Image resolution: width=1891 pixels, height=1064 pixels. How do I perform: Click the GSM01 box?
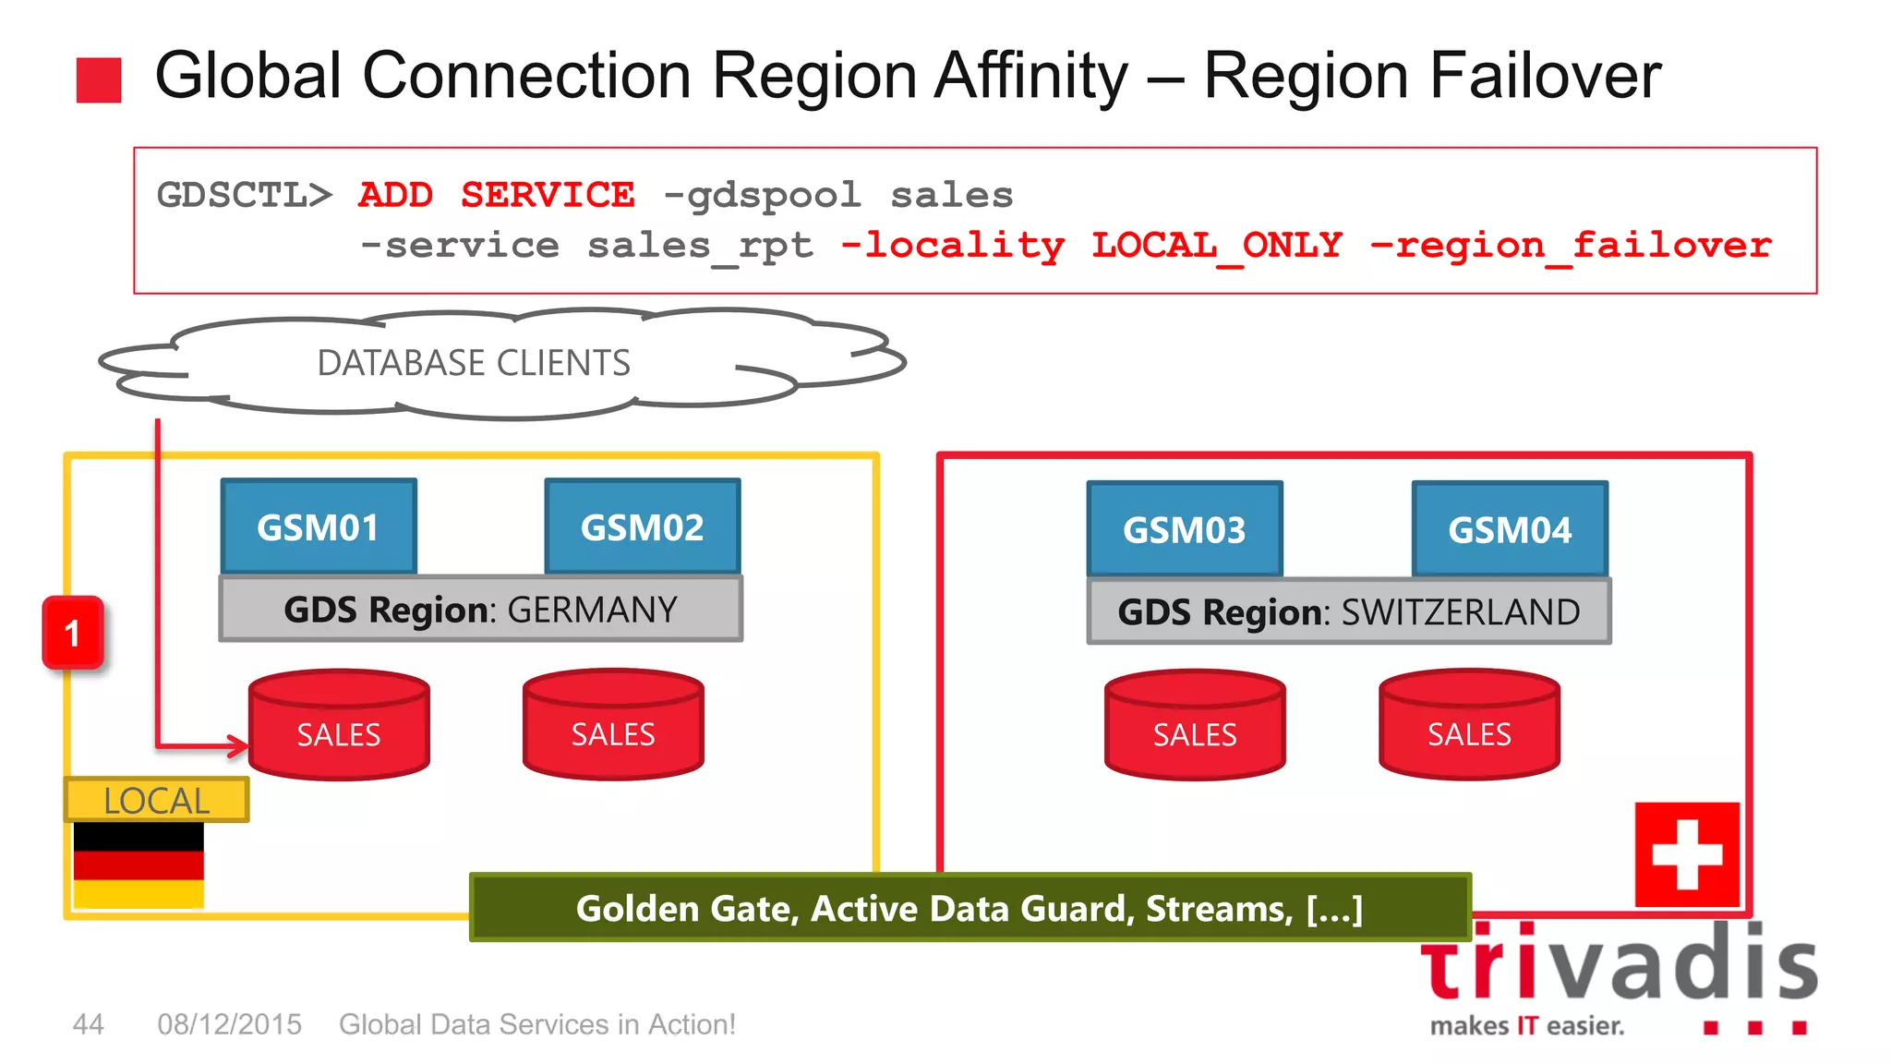pos(319,526)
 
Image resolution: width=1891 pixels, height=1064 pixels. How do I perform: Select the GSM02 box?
pos(643,526)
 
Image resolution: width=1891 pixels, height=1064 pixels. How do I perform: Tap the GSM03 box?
pos(1185,529)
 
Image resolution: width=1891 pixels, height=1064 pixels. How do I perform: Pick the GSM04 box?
pos(1510,529)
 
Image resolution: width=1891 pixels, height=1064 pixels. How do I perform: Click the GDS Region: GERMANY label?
pos(480,610)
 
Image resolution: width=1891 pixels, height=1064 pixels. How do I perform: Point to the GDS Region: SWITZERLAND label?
pos(1349,611)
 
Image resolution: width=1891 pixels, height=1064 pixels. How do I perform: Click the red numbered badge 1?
pos(72,633)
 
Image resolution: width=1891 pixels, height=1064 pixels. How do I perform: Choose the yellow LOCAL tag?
pos(156,800)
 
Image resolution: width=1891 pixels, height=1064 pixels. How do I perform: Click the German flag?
pos(139,865)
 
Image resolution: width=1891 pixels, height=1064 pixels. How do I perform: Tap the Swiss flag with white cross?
pos(1687,854)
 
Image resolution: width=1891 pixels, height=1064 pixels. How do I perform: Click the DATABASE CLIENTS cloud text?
pos(474,363)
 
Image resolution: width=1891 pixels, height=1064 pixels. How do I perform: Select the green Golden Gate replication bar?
pos(970,908)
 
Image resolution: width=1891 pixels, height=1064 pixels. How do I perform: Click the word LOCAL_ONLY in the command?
pos(1217,246)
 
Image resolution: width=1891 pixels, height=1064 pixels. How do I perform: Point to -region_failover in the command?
pos(1571,246)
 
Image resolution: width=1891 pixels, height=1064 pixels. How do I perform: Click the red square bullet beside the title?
pos(99,79)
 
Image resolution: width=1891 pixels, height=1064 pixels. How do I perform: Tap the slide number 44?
pos(88,1024)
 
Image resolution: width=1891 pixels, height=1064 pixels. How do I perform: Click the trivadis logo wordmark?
pos(1619,965)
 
